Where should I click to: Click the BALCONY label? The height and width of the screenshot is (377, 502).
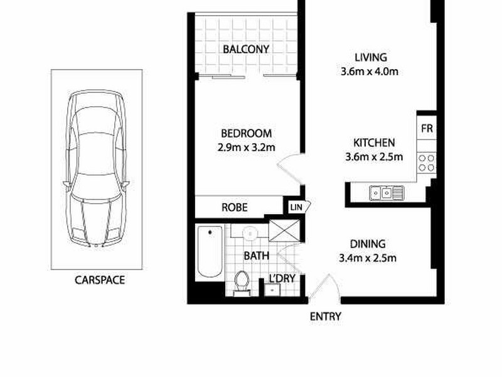pos(246,49)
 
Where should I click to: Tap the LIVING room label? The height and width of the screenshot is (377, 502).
pos(371,57)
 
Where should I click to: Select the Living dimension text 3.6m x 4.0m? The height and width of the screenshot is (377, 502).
pos(371,71)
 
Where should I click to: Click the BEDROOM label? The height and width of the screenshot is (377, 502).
pos(246,133)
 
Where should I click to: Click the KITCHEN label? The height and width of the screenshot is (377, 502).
pos(374,143)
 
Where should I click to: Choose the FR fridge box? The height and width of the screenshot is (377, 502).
pos(427,129)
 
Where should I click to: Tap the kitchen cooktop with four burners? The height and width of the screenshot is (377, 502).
pos(427,163)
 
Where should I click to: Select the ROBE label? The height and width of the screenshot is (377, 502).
pos(234,207)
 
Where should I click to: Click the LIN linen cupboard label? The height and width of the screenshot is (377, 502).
pos(294,207)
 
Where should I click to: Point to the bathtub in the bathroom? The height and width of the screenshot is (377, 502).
pos(209,252)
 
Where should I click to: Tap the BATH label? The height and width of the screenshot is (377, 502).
pos(256,256)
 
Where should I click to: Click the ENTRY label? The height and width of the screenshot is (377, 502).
pos(326,317)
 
